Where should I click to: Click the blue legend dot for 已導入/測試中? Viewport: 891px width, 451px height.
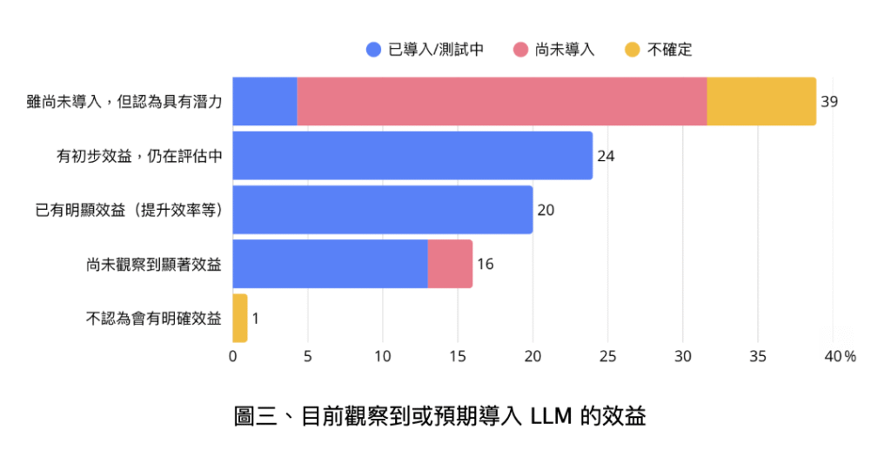[x=374, y=50]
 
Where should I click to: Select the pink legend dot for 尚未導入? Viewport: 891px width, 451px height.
[x=521, y=50]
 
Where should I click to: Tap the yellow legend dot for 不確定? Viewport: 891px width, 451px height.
[x=633, y=50]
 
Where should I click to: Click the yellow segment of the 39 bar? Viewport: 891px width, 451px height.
[x=761, y=101]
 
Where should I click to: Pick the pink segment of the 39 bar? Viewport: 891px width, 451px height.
[x=502, y=101]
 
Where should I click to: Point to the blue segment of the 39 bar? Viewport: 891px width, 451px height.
[x=265, y=101]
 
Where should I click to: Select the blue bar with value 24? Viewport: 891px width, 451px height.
[x=412, y=155]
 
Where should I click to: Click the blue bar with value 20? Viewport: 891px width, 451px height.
[x=383, y=210]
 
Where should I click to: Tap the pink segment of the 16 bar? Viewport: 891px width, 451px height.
[x=450, y=264]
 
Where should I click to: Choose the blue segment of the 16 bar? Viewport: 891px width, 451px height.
[x=331, y=264]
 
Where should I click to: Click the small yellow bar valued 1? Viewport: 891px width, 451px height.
[x=240, y=318]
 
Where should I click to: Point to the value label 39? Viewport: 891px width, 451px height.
[x=829, y=102]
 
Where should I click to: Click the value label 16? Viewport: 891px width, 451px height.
[x=485, y=264]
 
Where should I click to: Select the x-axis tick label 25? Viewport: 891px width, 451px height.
[x=608, y=356]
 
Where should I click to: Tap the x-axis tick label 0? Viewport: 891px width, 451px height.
[x=233, y=356]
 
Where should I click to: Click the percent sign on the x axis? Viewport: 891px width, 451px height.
[x=850, y=356]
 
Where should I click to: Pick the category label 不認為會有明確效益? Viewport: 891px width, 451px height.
[x=154, y=318]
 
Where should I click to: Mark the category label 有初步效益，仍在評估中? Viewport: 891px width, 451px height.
[x=140, y=156]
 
